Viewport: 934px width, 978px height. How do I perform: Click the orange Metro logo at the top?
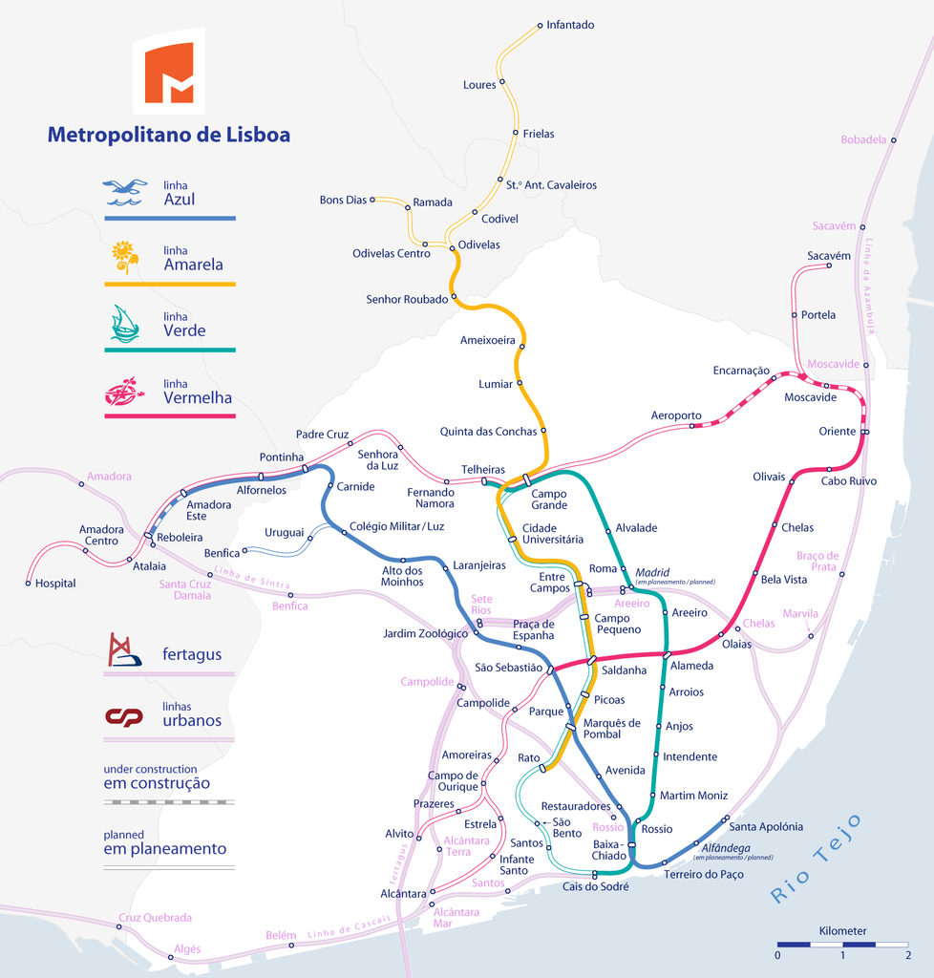[x=169, y=72]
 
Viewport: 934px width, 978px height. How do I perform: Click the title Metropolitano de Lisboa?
[x=169, y=135]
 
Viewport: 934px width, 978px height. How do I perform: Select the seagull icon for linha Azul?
[x=125, y=192]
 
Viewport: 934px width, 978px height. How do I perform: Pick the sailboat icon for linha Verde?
[x=125, y=324]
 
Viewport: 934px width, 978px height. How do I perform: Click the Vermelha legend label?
[x=198, y=397]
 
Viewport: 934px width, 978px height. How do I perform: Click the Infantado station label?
[x=570, y=25]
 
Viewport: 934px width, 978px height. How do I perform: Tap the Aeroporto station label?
[x=676, y=416]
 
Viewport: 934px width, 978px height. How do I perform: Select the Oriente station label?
[x=838, y=432]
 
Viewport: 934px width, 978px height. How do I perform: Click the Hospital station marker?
[x=29, y=583]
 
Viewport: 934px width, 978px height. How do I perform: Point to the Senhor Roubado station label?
[x=407, y=299]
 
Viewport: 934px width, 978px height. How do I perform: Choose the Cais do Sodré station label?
[x=596, y=887]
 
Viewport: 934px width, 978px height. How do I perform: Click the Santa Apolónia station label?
[x=766, y=827]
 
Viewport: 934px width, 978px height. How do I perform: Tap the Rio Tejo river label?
[x=817, y=859]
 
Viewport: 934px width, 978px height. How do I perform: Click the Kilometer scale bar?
[x=842, y=944]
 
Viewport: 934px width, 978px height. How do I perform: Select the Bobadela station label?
[x=863, y=140]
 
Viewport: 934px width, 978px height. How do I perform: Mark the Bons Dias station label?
[x=343, y=201]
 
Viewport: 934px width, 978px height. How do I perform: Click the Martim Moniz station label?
[x=693, y=796]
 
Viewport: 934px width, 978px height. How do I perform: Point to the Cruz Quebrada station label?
[x=155, y=918]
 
